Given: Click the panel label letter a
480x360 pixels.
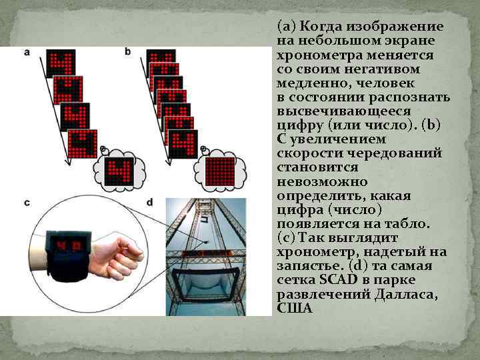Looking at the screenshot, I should (27, 51).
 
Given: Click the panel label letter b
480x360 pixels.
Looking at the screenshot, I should (127, 51).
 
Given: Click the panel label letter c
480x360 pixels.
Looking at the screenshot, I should (27, 201).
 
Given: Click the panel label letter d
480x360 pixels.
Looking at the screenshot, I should (149, 201).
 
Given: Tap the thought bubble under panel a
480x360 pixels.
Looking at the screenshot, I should (119, 171).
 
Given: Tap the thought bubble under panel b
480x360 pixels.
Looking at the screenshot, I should (219, 170).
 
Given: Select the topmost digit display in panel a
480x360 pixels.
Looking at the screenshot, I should (61, 64).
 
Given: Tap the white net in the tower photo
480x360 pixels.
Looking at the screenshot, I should (205, 293).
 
